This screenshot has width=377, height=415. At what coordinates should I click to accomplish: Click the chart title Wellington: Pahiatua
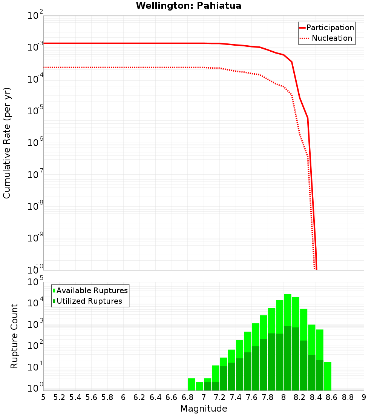pos(188,6)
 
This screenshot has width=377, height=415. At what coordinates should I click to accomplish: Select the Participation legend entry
pos(330,28)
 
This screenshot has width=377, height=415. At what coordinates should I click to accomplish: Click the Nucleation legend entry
pos(331,38)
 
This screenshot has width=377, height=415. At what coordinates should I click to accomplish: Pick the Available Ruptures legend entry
pos(92,290)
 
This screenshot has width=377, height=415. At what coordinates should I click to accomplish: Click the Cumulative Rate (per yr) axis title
pos(7,143)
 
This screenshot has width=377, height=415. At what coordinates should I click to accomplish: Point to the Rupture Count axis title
pos(14,336)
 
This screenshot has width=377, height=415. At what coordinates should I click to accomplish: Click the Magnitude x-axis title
pos(204,409)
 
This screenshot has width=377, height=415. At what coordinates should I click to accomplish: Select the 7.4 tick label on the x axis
pos(236,397)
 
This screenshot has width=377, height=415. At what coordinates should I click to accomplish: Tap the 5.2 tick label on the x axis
pos(59,397)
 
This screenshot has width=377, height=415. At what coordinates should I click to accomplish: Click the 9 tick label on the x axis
pos(363,397)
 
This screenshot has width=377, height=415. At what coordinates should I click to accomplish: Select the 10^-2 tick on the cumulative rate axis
pos(35,16)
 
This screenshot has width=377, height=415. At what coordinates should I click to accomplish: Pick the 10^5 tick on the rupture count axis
pos(35,282)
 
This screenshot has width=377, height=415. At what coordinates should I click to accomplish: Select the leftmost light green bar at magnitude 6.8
pos(192,384)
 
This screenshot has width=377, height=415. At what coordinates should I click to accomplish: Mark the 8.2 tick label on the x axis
pos(300,397)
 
